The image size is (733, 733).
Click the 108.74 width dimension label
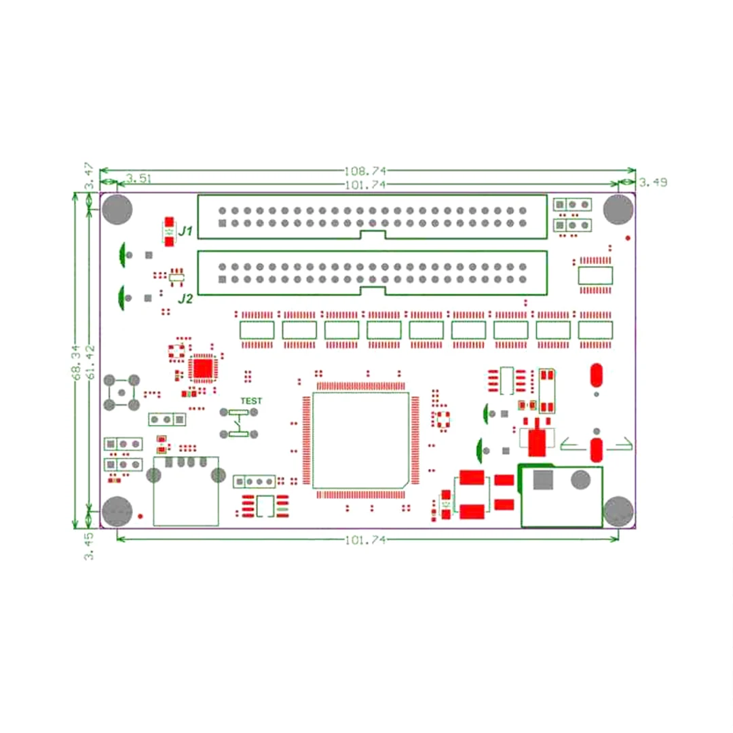coord(365,171)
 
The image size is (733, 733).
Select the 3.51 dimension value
coord(139,178)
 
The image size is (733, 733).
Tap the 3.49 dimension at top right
coord(653,183)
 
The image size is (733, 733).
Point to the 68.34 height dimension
coord(76,362)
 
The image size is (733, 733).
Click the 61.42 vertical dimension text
coord(90,362)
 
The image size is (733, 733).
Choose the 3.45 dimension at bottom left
coord(88,546)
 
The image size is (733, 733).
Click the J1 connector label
coord(185,231)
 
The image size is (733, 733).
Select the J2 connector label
coord(185,299)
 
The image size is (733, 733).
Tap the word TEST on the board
coord(251,401)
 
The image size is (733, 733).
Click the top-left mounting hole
coord(117,210)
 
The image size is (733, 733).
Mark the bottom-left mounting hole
coord(117,512)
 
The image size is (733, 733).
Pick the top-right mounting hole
coord(618,210)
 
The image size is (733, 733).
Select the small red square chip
coord(203,369)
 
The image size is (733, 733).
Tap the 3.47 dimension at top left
coord(88,176)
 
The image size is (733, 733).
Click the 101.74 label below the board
coord(365,540)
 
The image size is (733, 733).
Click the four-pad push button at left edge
coord(121,393)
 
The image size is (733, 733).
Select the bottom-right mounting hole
coord(618,512)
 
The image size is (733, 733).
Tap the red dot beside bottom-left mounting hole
coord(140,516)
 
